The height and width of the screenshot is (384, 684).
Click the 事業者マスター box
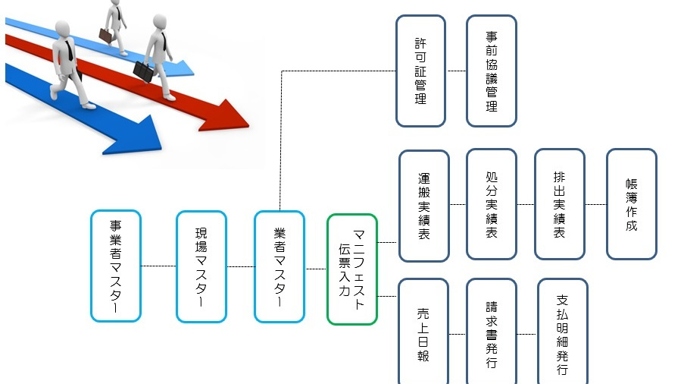pyautogui.click(x=115, y=266)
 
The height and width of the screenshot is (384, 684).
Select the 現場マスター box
pyautogui.click(x=201, y=266)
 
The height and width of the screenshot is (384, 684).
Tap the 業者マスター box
pyautogui.click(x=280, y=266)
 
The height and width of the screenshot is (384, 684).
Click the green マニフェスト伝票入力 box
pyautogui.click(x=352, y=269)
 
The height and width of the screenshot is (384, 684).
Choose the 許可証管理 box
pyautogui.click(x=420, y=71)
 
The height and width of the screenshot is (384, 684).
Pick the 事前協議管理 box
pyautogui.click(x=491, y=71)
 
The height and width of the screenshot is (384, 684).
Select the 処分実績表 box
pyautogui.click(x=491, y=204)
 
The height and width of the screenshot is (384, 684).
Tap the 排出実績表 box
pyautogui.click(x=559, y=204)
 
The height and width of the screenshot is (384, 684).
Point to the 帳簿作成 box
pyautogui.click(x=631, y=204)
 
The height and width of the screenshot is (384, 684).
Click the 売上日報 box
pyautogui.click(x=423, y=332)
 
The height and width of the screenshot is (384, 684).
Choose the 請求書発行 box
pyautogui.click(x=491, y=332)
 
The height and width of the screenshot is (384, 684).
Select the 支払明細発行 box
pyautogui.click(x=562, y=332)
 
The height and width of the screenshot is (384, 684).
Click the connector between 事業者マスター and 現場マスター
pyautogui.click(x=158, y=266)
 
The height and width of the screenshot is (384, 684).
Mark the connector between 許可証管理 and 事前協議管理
pyautogui.click(x=456, y=71)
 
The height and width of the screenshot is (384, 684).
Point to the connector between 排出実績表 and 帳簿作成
pyautogui.click(x=595, y=204)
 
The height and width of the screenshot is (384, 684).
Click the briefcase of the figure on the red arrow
pyautogui.click(x=142, y=71)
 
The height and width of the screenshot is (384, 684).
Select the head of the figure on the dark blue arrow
pyautogui.click(x=62, y=29)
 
